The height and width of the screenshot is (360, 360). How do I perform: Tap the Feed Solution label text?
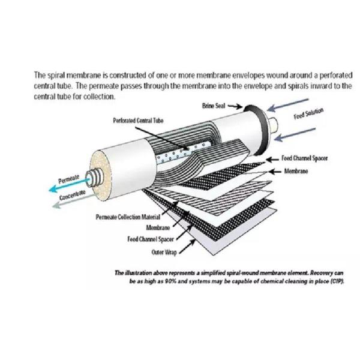point(310,114)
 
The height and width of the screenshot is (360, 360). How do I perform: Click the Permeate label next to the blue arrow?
point(67,179)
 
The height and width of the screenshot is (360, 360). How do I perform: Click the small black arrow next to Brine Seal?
point(235,106)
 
